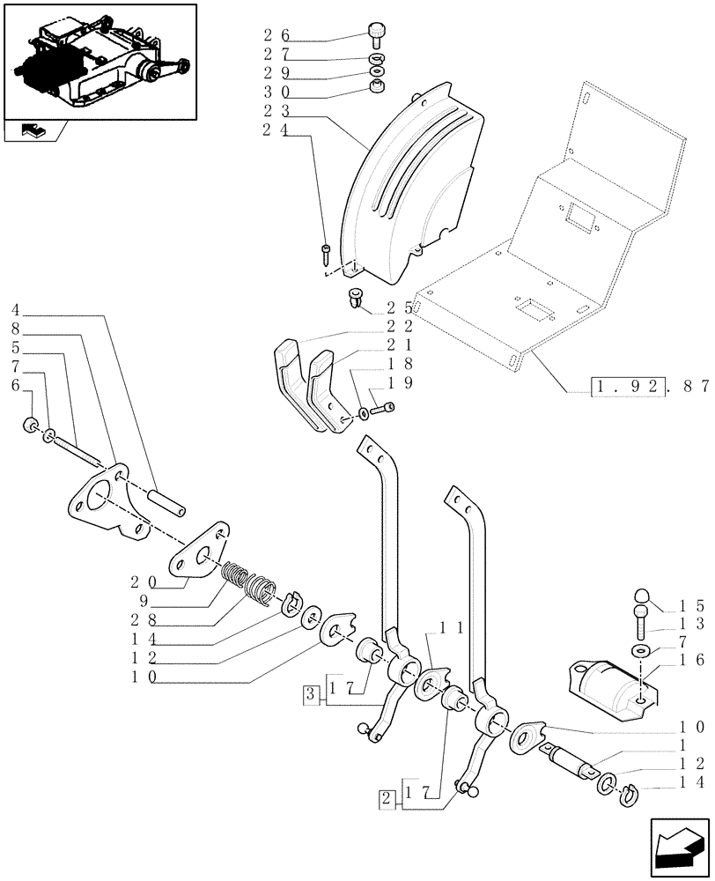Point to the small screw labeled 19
pyautogui.click(x=386, y=407)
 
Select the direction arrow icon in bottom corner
pyautogui.click(x=677, y=850)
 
